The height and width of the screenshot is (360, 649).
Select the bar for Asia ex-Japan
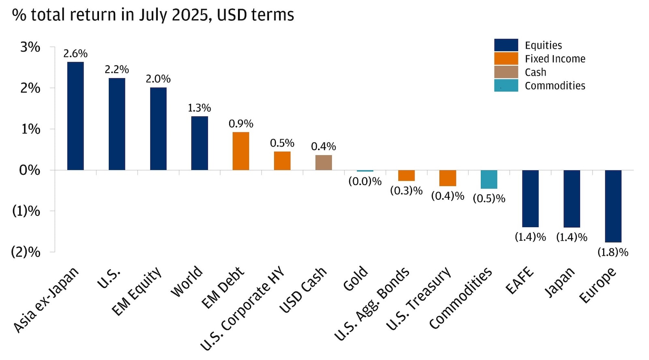tap(75, 116)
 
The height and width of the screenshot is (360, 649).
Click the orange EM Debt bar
tap(241, 151)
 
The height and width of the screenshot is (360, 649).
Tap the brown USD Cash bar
tap(324, 162)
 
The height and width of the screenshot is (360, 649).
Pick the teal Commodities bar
tap(489, 179)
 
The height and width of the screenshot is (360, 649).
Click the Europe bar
tap(613, 206)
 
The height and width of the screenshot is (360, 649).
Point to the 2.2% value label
tap(117, 70)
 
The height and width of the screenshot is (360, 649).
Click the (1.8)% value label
tap(612, 252)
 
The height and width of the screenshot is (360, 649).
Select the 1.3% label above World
tap(199, 108)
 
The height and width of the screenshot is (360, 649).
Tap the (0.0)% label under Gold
tap(365, 181)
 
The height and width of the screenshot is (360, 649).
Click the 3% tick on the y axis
tap(30, 47)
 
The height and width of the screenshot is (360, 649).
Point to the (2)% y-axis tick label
tap(26, 252)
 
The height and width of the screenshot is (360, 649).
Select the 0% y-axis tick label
tap(30, 170)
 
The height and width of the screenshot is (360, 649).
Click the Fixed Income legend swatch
tap(506, 59)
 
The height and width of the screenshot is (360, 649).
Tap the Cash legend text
tap(535, 73)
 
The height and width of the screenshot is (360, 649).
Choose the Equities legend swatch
tap(506, 45)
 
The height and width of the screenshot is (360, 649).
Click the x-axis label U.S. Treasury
tap(419, 298)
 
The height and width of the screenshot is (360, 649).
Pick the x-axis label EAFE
tap(520, 280)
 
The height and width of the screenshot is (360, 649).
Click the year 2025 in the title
tap(190, 15)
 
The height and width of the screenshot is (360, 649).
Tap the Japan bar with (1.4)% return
tap(572, 198)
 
